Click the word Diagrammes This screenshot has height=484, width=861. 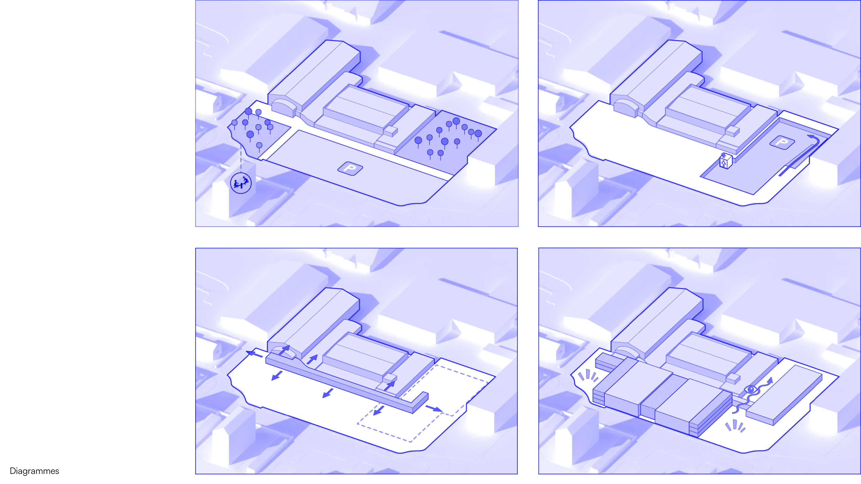34,471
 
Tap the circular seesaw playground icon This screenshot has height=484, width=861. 241,183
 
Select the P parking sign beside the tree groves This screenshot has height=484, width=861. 350,168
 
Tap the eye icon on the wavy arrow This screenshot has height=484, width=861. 751,390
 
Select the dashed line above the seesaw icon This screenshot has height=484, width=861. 241,159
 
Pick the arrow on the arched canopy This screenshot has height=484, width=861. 284,350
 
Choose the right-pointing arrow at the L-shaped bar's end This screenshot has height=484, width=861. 434,408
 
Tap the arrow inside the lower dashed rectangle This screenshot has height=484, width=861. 378,410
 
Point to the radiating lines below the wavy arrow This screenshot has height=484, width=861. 735,426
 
